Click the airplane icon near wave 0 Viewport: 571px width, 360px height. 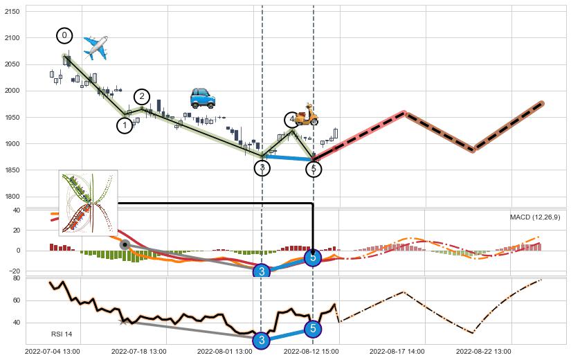pos(96,47)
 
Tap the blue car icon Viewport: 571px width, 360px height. pos(202,98)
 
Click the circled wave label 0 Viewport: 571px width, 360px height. pos(64,35)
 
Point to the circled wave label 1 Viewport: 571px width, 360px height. pos(125,125)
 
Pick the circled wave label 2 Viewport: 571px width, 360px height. pos(141,96)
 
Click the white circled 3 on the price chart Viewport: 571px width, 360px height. pos(262,168)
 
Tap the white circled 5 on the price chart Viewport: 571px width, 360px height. pos(314,168)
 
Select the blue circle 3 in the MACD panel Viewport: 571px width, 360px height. pos(262,271)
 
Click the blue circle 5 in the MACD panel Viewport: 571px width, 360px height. pos(313,258)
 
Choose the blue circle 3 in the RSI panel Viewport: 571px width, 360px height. pos(261,340)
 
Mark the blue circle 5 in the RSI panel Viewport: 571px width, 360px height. pos(313,329)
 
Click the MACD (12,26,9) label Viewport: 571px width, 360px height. pos(535,217)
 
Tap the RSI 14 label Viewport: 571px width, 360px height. pos(62,334)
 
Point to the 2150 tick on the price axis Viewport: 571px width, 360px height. pos(12,11)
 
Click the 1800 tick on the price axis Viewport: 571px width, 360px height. pos(12,197)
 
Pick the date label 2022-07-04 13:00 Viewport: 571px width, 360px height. pos(53,352)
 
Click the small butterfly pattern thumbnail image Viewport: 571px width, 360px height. pos(88,203)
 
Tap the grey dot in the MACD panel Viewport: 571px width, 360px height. pos(125,244)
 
